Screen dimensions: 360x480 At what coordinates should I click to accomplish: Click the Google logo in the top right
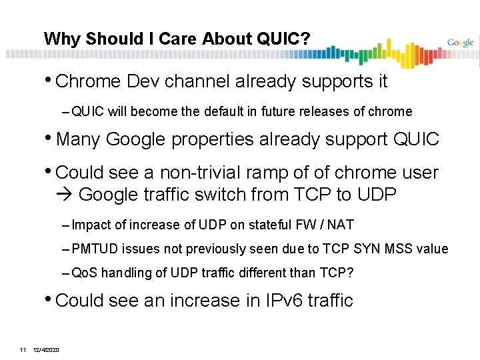point(460,43)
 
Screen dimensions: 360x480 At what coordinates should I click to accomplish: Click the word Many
point(79,139)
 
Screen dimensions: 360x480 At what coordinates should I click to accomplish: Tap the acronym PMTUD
point(94,249)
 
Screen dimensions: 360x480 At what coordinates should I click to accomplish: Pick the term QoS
point(83,272)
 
